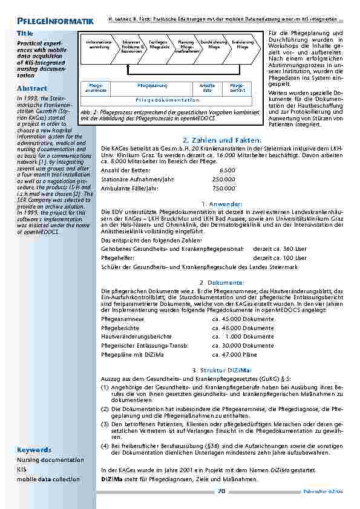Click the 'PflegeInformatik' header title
pyautogui.click(x=55, y=22)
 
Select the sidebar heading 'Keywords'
pyautogui.click(x=34, y=450)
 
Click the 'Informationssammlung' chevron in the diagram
pyautogui.click(x=99, y=44)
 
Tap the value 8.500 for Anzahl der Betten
pyautogui.click(x=225, y=170)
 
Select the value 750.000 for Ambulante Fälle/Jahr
pyautogui.click(x=223, y=189)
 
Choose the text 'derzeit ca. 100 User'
pyautogui.click(x=280, y=258)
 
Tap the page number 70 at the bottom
pyautogui.click(x=221, y=492)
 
